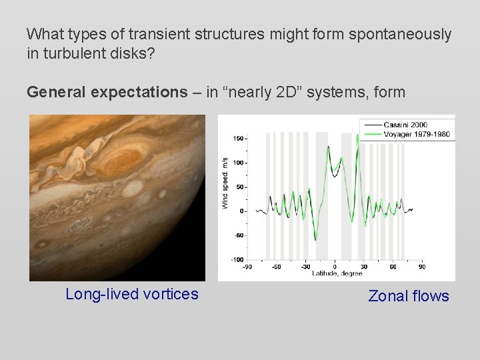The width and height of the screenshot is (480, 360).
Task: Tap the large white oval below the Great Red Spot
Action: tap(133, 189)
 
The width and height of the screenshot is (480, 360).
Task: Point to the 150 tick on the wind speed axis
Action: tap(238, 139)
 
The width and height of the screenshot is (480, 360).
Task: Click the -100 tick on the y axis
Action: tap(237, 259)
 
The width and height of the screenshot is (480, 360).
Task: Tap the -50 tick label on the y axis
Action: tap(238, 235)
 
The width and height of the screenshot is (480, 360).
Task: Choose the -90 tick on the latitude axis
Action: tap(247, 267)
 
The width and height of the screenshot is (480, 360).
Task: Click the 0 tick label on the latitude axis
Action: tap(335, 267)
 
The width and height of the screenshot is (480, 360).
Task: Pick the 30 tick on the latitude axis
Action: tap(363, 267)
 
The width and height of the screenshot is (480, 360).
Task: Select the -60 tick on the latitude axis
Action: tap(277, 267)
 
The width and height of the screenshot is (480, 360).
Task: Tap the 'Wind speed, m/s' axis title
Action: tap(225, 183)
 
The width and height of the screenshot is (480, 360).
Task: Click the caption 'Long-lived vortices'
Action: tap(132, 294)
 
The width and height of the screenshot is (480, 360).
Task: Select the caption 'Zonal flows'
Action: tap(409, 296)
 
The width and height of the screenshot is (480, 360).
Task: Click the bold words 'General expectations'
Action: tap(107, 92)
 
